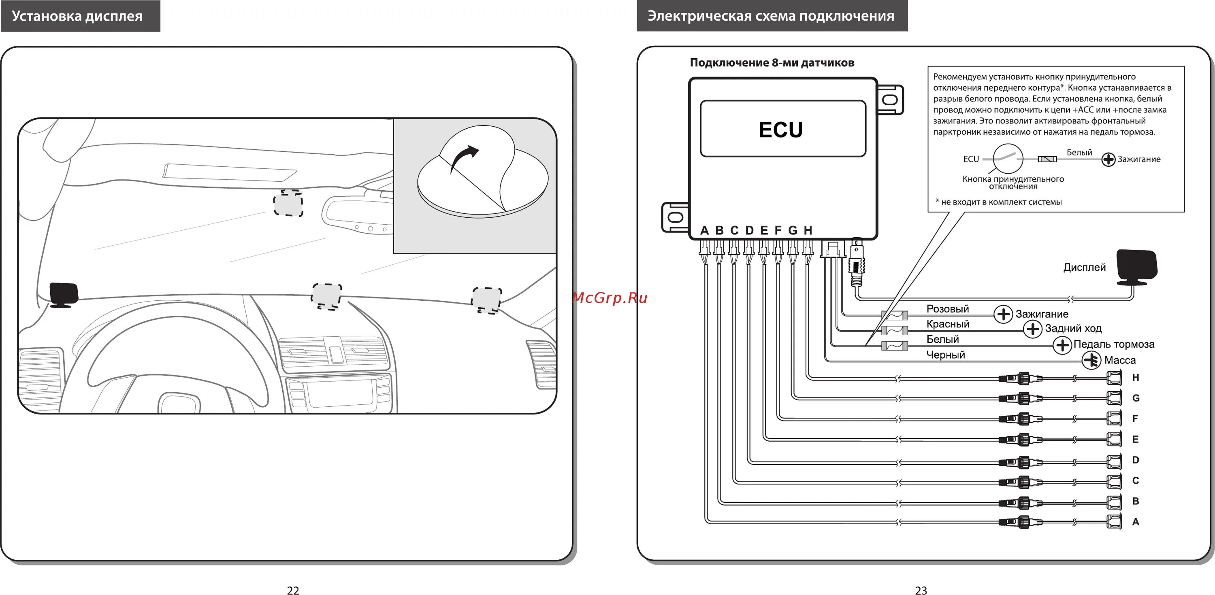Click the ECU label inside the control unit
click(780, 130)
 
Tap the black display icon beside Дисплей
click(1136, 268)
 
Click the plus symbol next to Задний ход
click(1032, 329)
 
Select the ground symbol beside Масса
click(1091, 360)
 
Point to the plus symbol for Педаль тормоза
click(1062, 345)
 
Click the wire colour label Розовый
click(947, 309)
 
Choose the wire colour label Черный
click(945, 355)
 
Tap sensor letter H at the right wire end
click(1136, 378)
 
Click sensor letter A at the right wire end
click(1136, 522)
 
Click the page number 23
click(921, 590)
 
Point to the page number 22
click(293, 590)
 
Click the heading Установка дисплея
click(77, 16)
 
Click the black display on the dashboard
click(64, 294)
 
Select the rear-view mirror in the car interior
click(358, 215)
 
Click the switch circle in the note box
click(1008, 159)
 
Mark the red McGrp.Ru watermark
click(610, 298)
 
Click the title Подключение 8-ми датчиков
click(772, 63)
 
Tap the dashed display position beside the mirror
click(288, 203)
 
